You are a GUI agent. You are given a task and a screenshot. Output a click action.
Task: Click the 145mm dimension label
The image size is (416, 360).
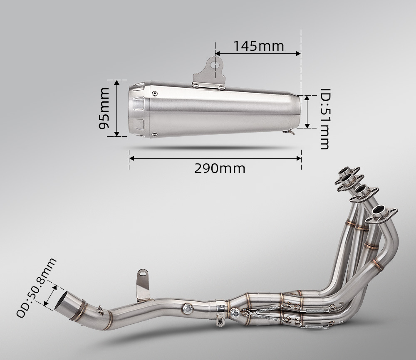pos(259,46)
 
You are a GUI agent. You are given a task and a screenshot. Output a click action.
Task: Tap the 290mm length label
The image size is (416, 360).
pos(220,169)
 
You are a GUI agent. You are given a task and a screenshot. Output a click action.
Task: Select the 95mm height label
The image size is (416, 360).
pos(104,108)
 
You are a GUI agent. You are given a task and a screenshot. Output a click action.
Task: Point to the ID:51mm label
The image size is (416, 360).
pos(325,119)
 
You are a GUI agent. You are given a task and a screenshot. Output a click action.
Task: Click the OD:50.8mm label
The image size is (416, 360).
pos(36,288)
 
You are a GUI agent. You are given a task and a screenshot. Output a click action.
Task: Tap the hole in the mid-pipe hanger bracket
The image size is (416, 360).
pos(142,273)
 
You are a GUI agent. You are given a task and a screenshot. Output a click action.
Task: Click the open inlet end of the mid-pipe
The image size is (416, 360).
pos(62,301)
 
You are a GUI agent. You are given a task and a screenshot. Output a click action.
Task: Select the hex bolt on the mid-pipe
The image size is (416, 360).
pos(188,309)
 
